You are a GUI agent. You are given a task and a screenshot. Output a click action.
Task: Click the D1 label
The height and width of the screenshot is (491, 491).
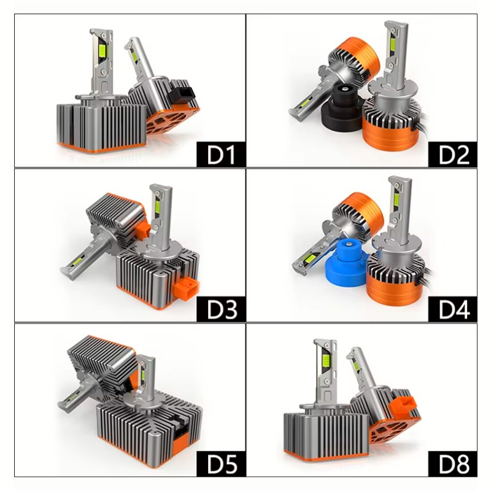(221, 155)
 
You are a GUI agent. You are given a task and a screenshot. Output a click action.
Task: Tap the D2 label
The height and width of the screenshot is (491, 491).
(453, 155)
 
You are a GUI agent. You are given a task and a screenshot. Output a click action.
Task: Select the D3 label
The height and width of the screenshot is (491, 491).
(221, 309)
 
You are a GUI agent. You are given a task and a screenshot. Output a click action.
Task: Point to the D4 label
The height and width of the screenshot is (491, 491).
(453, 309)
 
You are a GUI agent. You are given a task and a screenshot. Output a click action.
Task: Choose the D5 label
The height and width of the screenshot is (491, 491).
(221, 463)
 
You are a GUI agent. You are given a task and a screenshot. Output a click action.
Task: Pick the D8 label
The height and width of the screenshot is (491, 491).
(453, 463)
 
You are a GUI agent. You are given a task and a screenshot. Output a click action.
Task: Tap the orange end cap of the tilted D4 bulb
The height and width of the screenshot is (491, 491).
(365, 209)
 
